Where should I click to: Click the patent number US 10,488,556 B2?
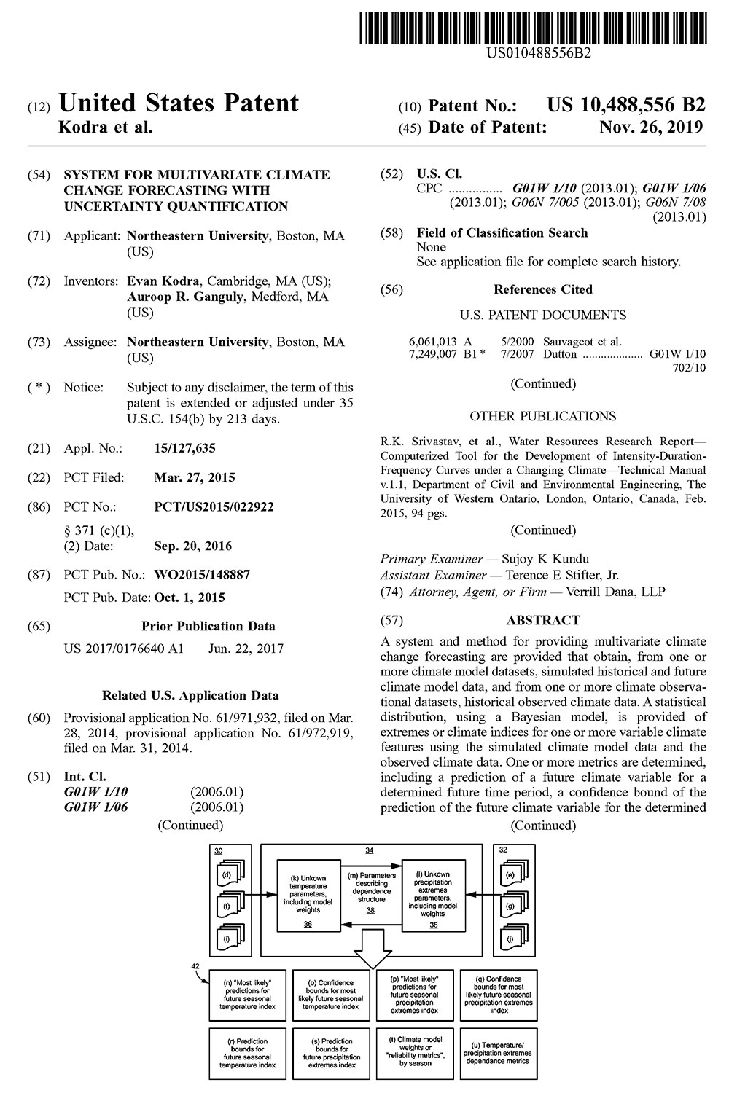point(626,105)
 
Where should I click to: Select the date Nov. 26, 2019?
point(651,127)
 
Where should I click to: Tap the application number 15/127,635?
point(184,448)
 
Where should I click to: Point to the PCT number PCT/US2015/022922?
point(214,506)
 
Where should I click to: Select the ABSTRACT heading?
point(543,620)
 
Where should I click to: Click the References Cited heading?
point(542,289)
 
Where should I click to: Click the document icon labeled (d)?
point(227,874)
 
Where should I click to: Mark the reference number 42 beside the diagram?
point(195,965)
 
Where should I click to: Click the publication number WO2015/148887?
point(202,575)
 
